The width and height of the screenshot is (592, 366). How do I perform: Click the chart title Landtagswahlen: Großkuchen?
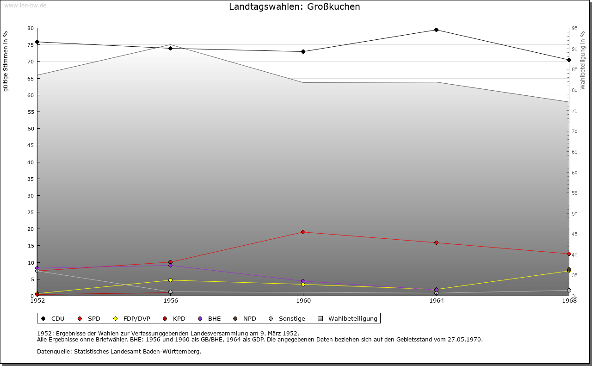(294, 7)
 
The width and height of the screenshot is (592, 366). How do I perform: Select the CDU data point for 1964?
(436, 30)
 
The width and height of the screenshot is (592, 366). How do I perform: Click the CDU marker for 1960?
(303, 51)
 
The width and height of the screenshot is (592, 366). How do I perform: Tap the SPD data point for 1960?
(303, 232)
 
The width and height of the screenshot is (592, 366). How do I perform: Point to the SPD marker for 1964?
(436, 243)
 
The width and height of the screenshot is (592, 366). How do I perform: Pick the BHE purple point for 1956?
(171, 266)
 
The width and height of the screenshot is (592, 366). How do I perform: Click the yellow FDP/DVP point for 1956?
(171, 280)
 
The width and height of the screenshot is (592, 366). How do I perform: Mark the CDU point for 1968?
(569, 60)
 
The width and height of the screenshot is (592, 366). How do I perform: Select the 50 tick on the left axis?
(31, 129)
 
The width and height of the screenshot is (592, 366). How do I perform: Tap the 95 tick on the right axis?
(574, 28)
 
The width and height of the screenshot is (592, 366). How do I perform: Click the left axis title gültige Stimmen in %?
(6, 62)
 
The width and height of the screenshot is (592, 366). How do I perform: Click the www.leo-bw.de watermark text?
(25, 6)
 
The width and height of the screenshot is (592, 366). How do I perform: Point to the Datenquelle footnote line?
(119, 352)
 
